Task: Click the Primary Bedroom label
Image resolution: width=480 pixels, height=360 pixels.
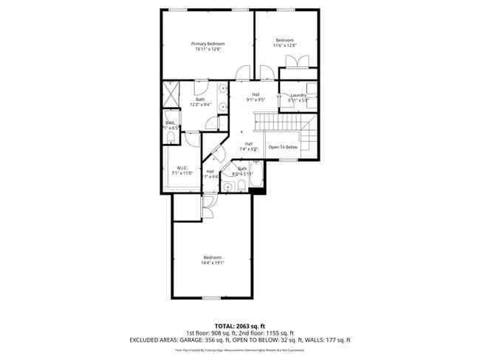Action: tap(210, 44)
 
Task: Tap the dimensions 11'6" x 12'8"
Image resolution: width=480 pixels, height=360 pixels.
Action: tap(285, 46)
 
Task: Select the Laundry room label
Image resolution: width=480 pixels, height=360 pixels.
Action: tap(298, 95)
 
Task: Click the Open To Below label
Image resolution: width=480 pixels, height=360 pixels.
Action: tap(283, 147)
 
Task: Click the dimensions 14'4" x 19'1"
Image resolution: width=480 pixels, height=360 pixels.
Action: tap(213, 263)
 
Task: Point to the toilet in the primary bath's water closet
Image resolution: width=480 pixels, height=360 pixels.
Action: tap(171, 136)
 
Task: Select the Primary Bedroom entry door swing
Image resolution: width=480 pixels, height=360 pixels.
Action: tap(241, 72)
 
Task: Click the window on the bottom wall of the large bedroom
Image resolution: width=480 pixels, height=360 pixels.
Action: tap(212, 298)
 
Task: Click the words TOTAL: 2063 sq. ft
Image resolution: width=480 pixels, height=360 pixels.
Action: tap(240, 325)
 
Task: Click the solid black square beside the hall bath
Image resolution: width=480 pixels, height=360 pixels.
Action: tap(257, 191)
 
